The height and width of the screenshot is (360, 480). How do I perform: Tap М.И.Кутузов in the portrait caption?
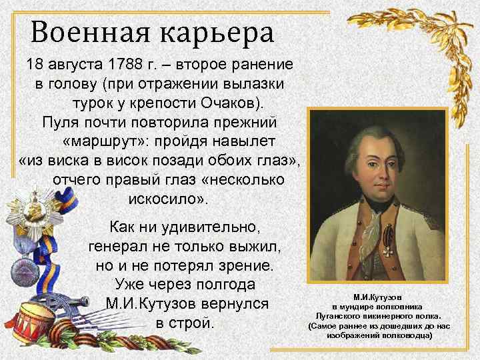click(x=377, y=296)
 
